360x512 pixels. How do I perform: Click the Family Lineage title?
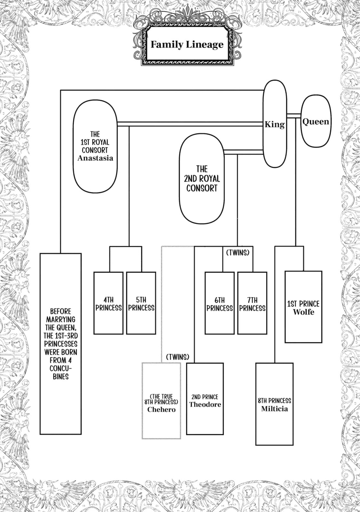tap(187, 44)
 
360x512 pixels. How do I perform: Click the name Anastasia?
tap(95, 158)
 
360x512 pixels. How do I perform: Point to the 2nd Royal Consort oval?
tap(202, 179)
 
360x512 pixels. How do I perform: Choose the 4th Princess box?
tap(108, 303)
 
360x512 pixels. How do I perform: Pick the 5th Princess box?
tap(141, 303)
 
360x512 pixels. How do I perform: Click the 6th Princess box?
tap(220, 303)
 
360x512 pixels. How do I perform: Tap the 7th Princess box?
tap(252, 303)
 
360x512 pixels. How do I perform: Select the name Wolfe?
tap(304, 312)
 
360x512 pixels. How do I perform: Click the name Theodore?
tap(205, 404)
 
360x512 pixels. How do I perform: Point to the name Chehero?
tap(161, 409)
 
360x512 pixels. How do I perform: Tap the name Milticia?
tap(274, 409)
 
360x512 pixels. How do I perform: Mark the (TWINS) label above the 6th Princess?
tap(238, 253)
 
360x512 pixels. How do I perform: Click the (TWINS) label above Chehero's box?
tap(178, 357)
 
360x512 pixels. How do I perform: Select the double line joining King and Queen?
tap(293, 116)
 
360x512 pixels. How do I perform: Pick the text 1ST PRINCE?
tap(303, 304)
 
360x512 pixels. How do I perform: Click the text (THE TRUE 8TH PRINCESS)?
tap(161, 399)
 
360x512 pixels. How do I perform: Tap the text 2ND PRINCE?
tap(205, 397)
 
